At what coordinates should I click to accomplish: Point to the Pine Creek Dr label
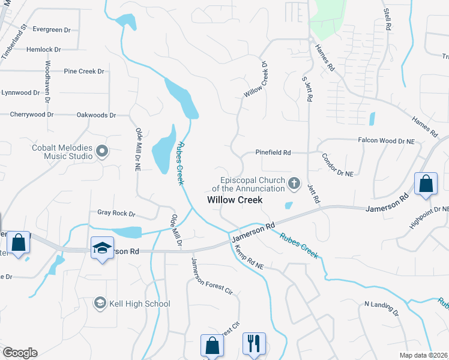(84, 71)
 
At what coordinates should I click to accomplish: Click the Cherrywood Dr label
(32, 114)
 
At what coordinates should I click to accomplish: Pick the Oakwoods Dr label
(96, 115)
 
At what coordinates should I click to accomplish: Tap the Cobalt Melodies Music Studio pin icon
(101, 152)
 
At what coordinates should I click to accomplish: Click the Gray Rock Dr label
(116, 213)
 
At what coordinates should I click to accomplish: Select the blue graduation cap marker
(102, 248)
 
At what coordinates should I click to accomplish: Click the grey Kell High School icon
(100, 304)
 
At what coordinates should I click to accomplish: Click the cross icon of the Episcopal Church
(294, 183)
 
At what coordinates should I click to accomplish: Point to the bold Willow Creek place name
(235, 200)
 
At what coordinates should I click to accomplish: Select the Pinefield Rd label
(273, 153)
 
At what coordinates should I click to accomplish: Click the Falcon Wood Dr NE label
(386, 141)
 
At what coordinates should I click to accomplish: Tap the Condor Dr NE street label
(337, 164)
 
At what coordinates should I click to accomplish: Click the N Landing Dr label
(381, 308)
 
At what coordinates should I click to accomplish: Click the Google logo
(19, 353)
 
